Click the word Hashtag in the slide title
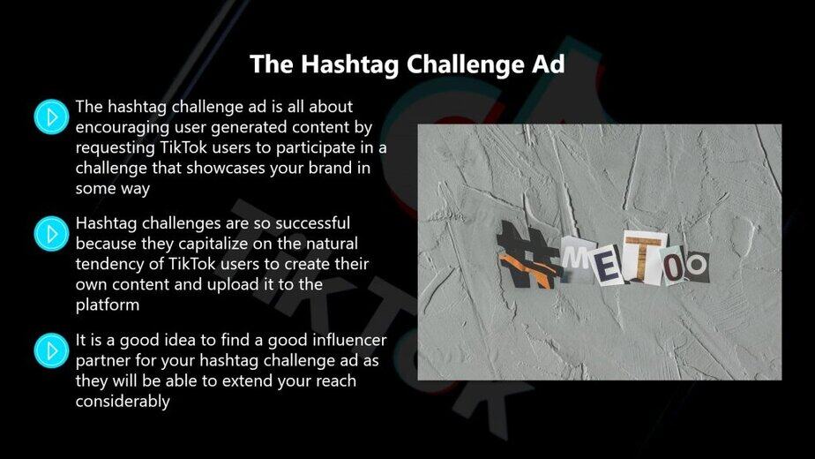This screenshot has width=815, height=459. (349, 65)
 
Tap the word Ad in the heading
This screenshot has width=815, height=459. (548, 64)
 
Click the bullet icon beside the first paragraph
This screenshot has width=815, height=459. (51, 117)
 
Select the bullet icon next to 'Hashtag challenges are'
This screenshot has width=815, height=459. (51, 234)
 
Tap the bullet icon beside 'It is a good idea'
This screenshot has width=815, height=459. (51, 350)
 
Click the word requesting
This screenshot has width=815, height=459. (116, 148)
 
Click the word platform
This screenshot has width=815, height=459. (108, 305)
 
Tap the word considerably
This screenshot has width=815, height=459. (123, 402)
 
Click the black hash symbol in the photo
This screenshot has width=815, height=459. (527, 255)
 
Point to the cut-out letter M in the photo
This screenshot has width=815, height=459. (578, 255)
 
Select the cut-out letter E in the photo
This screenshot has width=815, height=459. (608, 267)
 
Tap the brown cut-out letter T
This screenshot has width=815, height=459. (644, 257)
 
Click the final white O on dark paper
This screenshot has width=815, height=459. (696, 266)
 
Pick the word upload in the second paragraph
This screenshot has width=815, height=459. (233, 284)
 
